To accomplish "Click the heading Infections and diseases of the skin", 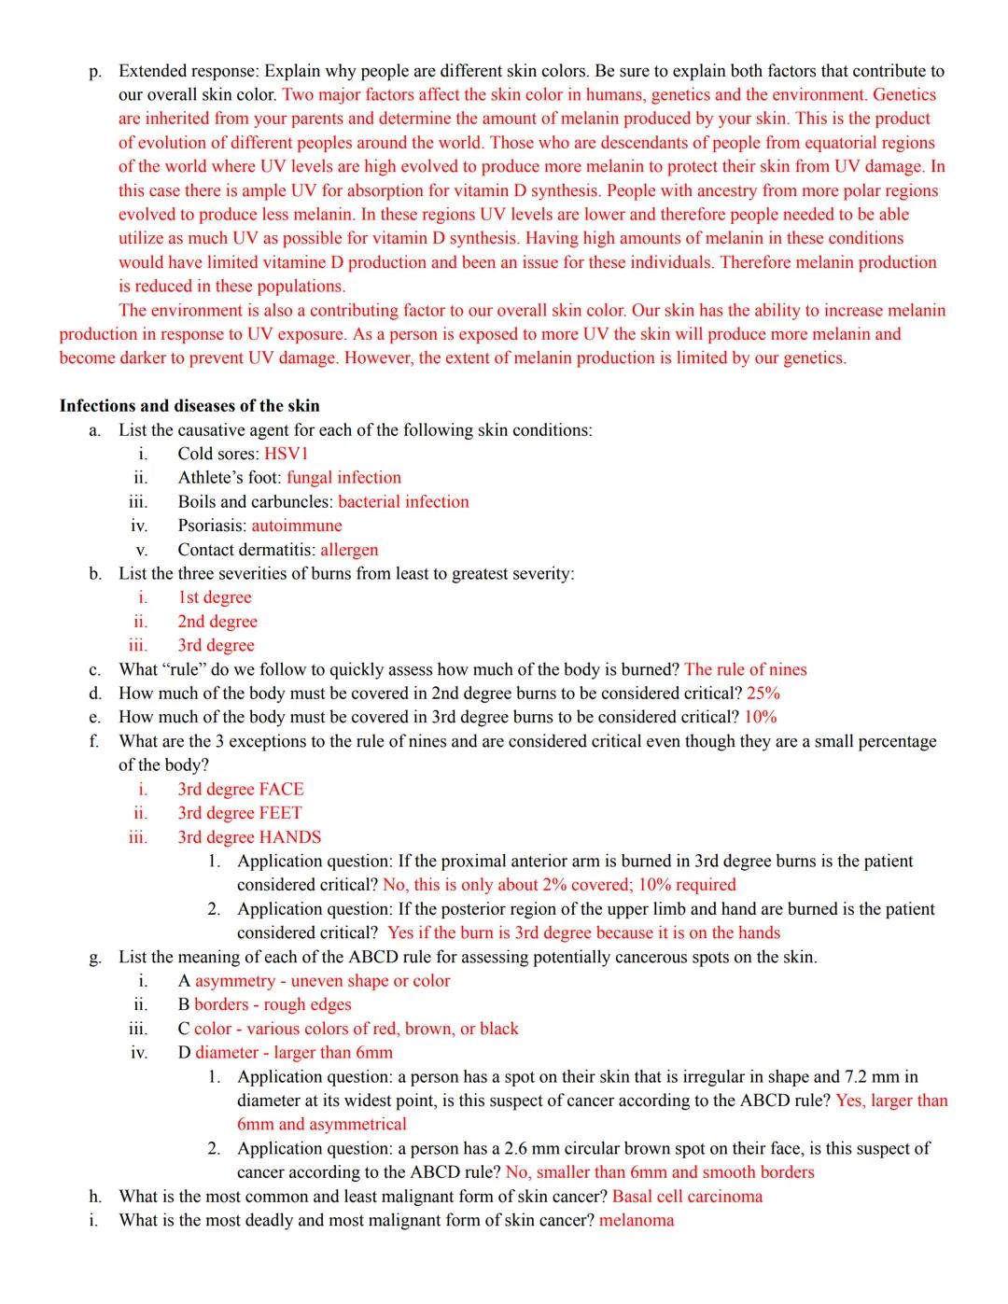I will click(x=189, y=406).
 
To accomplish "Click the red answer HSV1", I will click(x=286, y=454).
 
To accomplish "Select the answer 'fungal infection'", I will click(x=343, y=478).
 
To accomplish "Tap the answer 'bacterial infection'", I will click(x=403, y=502).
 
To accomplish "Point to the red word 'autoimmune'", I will click(x=297, y=526).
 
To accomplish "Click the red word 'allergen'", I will click(x=349, y=550).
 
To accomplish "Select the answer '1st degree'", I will click(x=215, y=597).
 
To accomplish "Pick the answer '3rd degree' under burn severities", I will click(x=216, y=645).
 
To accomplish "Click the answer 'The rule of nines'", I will click(x=745, y=669).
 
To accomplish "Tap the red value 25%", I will click(x=763, y=694).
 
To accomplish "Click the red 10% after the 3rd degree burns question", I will click(x=761, y=717).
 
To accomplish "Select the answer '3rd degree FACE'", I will click(x=241, y=789).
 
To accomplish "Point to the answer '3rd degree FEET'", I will click(x=240, y=813).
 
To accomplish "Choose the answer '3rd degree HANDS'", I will click(x=249, y=837).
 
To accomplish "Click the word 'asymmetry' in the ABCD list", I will click(x=235, y=981).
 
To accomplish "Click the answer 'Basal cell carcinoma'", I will click(x=687, y=1197).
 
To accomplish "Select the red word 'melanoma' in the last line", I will click(x=636, y=1221).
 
